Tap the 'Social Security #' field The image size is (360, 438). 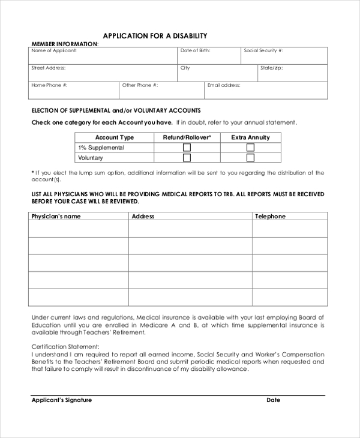pos(284,56)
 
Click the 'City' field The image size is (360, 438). pos(217,73)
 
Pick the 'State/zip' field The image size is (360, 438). pos(292,73)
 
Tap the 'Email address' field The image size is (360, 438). pos(265,91)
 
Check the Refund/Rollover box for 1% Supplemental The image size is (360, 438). pos(187,148)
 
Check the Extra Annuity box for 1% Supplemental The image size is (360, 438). pos(251,148)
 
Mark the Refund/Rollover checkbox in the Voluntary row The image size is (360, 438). pos(187,158)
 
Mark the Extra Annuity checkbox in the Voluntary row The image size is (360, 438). pos(251,158)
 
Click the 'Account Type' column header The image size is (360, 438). pos(115,137)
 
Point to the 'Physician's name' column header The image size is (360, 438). pos(56,217)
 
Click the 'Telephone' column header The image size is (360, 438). pos(271,217)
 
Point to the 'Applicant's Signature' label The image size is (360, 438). pos(62,400)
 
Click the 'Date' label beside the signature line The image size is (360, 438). pos(274,400)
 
